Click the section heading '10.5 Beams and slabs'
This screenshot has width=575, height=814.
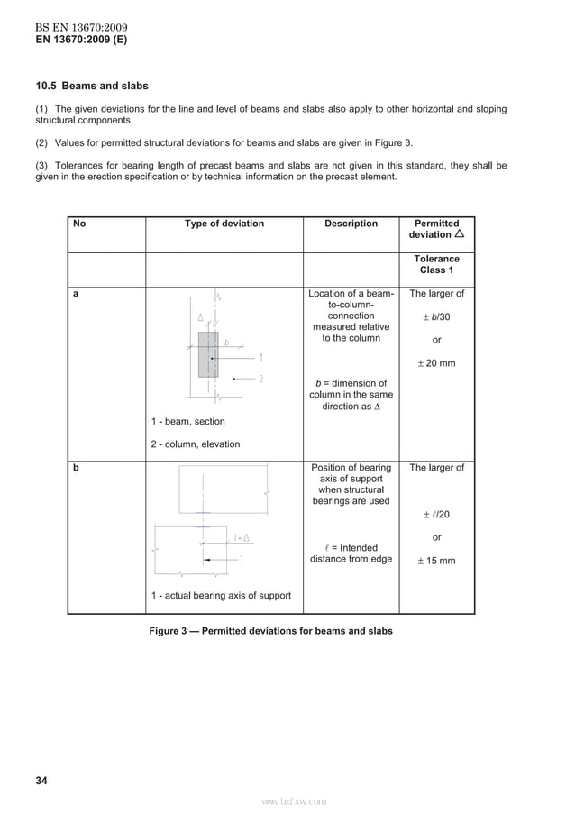pyautogui.click(x=92, y=87)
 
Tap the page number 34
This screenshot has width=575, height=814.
pyautogui.click(x=41, y=780)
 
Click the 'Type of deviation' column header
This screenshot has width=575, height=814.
pyautogui.click(x=224, y=224)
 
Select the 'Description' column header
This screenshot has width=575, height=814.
pyautogui.click(x=351, y=224)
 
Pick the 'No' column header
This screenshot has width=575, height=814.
pyautogui.click(x=79, y=224)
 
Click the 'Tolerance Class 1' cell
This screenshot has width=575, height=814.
pyautogui.click(x=436, y=265)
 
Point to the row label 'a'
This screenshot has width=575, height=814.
pyautogui.click(x=76, y=294)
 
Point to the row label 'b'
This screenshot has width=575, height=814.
pyautogui.click(x=76, y=469)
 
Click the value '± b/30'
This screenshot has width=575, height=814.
pyautogui.click(x=436, y=317)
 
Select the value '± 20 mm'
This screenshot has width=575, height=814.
pyautogui.click(x=436, y=363)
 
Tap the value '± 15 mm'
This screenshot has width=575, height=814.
pyautogui.click(x=436, y=561)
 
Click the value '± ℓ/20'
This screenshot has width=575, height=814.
pyautogui.click(x=436, y=515)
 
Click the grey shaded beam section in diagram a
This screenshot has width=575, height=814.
pyautogui.click(x=208, y=354)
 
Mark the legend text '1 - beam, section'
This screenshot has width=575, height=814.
pyautogui.click(x=188, y=421)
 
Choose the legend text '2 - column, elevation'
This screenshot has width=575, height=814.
pyautogui.click(x=196, y=444)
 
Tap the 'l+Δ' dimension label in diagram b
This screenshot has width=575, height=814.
pyautogui.click(x=241, y=538)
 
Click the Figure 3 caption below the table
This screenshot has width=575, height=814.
pyautogui.click(x=270, y=631)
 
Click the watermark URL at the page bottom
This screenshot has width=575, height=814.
pyautogui.click(x=293, y=800)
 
